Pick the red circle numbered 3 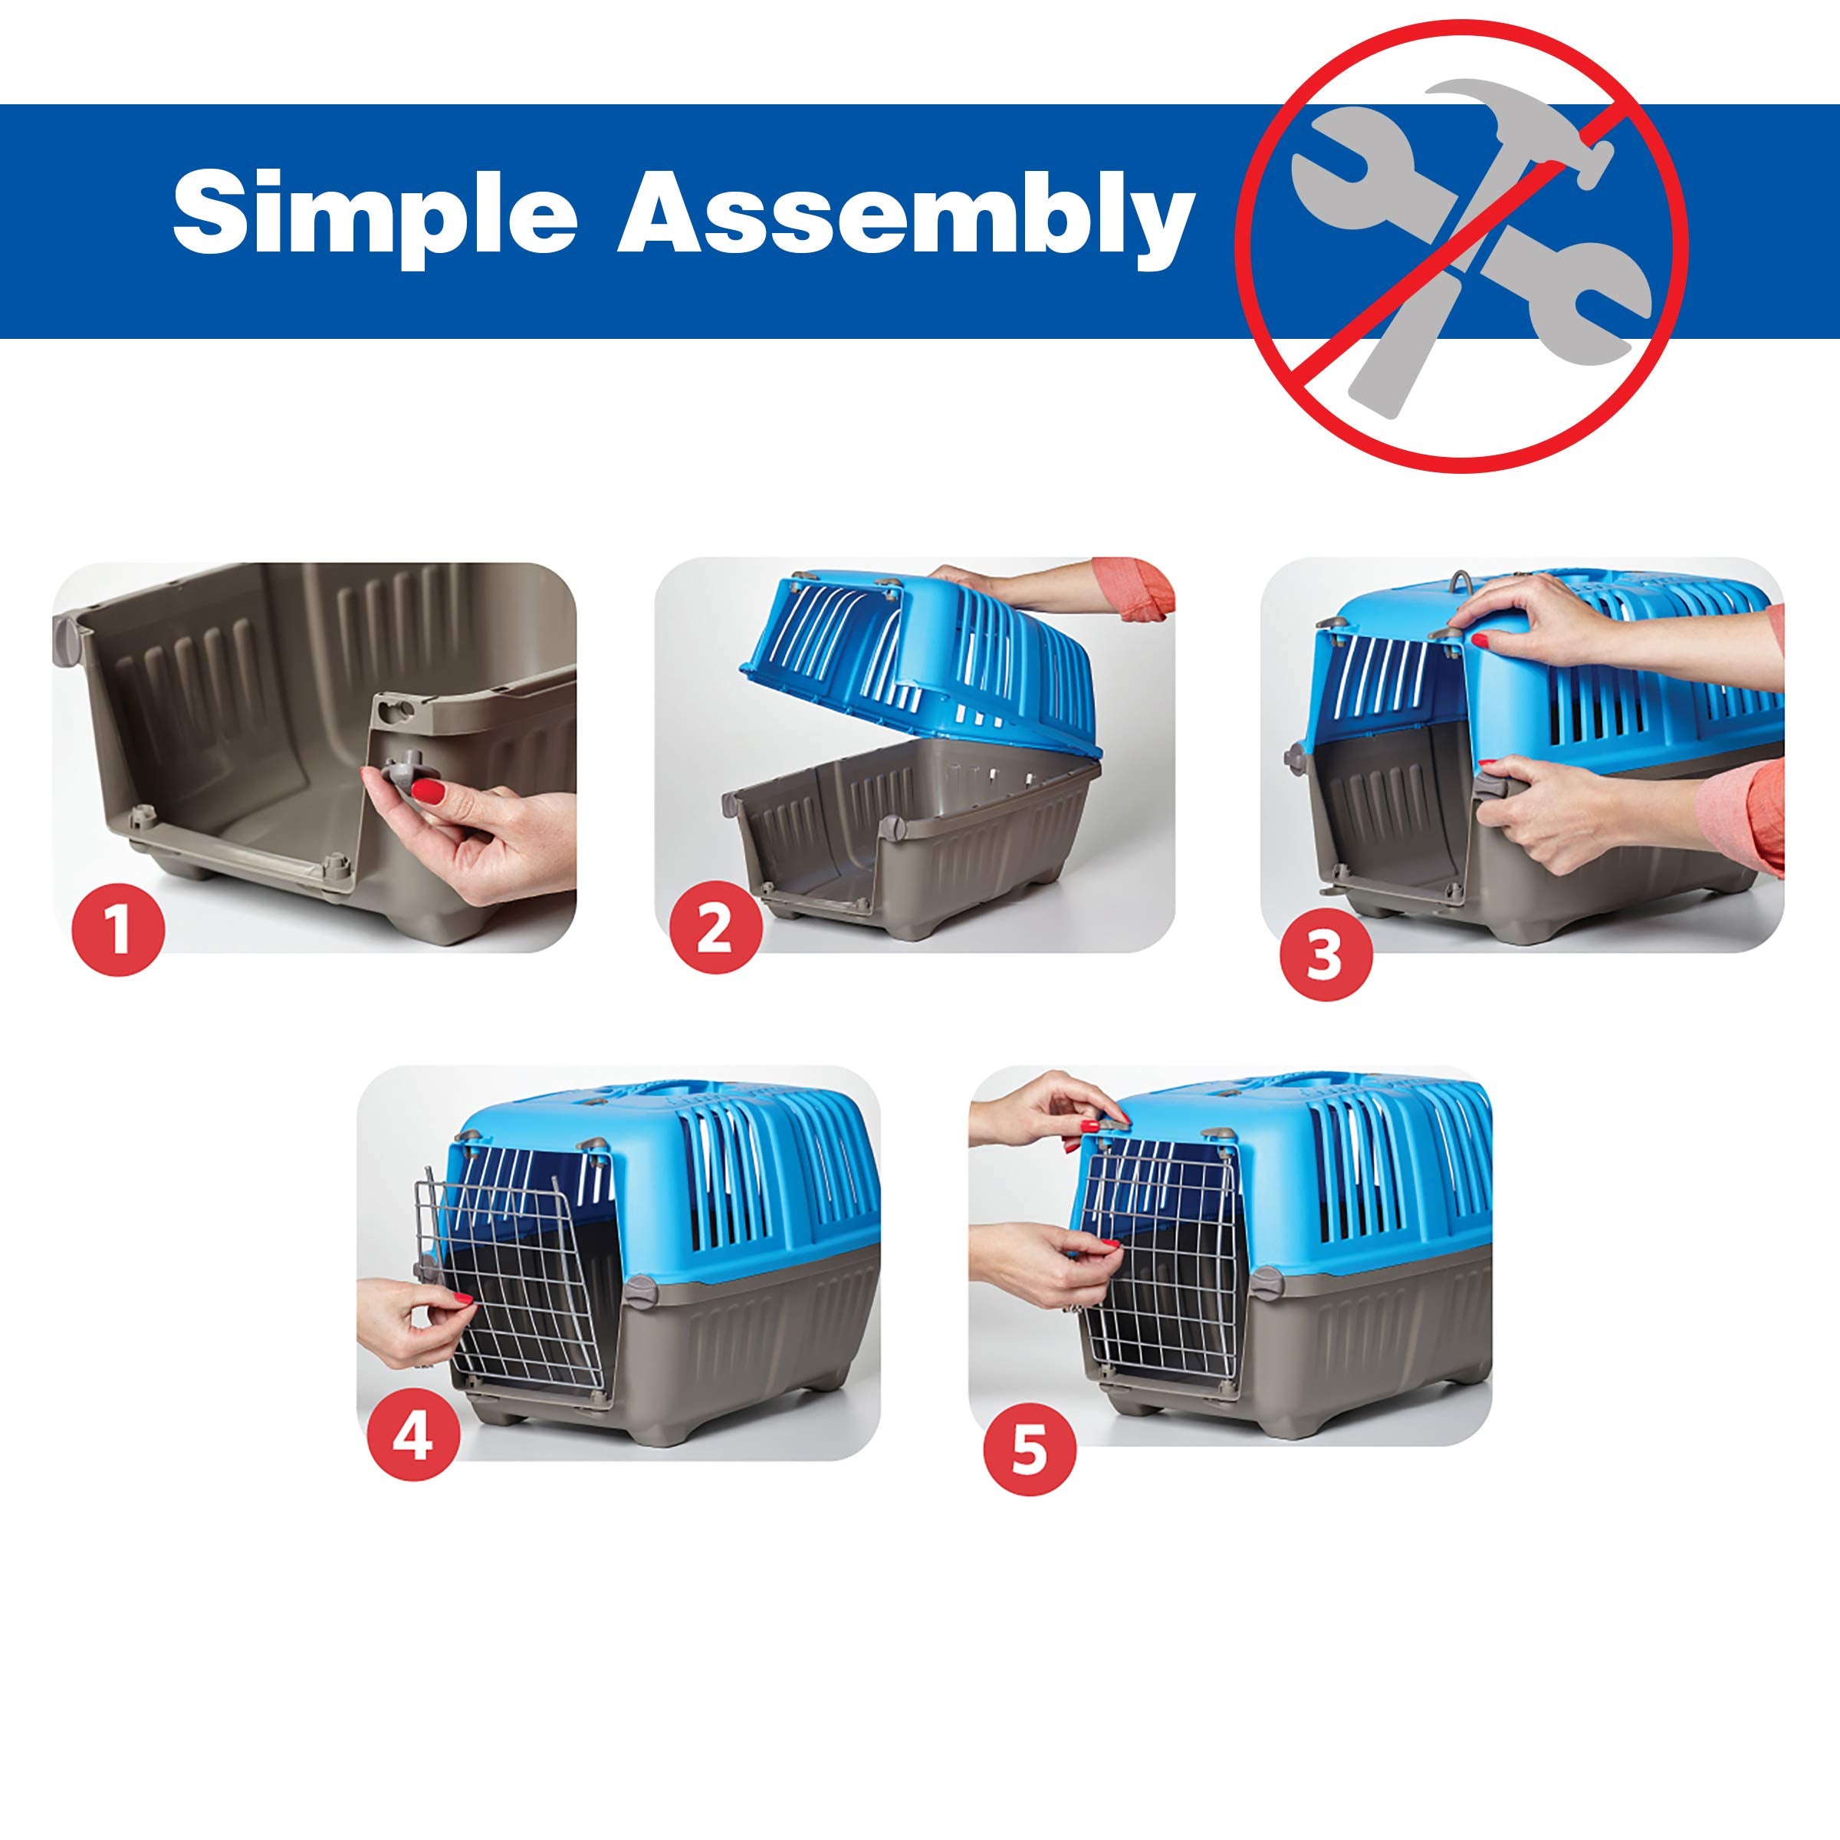[x=1325, y=955]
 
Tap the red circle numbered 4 [x=413, y=1437]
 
